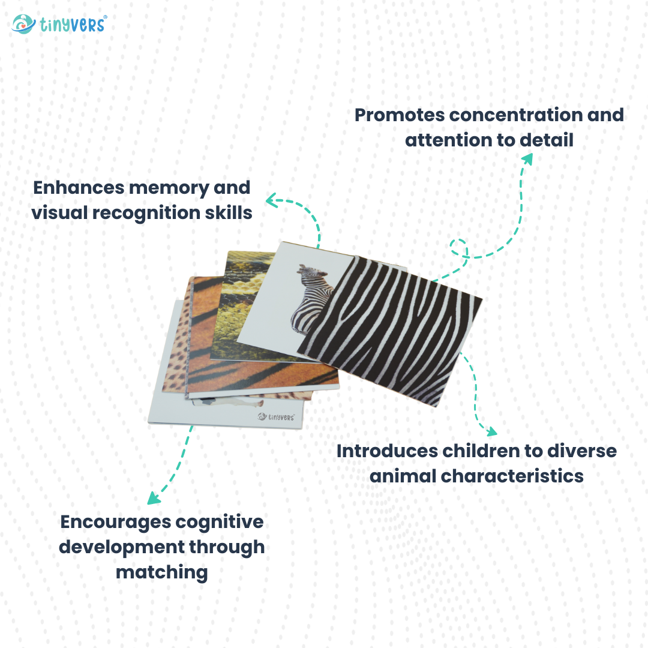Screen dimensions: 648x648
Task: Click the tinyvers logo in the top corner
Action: [x=59, y=24]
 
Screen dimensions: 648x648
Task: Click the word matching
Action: [x=161, y=572]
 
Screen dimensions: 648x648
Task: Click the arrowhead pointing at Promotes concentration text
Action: [x=527, y=158]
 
